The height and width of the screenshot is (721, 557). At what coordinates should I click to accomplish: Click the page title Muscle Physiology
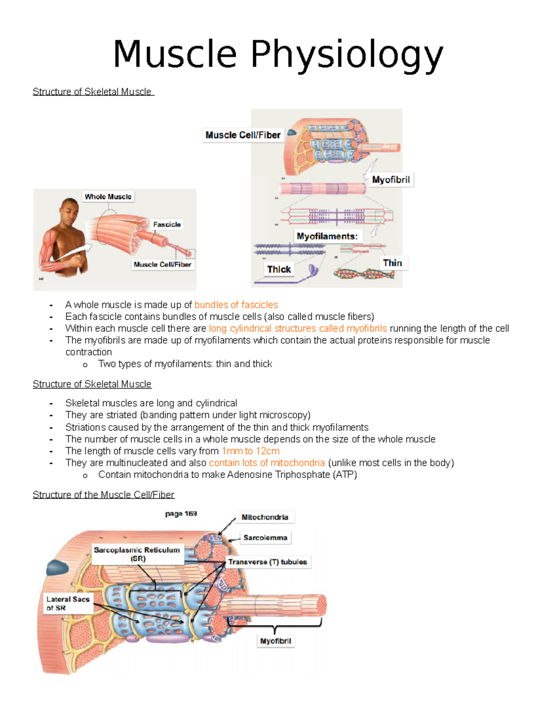(278, 55)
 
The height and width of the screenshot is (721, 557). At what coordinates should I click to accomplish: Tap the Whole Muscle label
(108, 196)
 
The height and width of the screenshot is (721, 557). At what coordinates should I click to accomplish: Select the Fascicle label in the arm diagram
(167, 224)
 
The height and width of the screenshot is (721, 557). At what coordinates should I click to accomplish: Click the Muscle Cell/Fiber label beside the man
(162, 264)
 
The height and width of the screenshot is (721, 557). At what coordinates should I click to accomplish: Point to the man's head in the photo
(70, 211)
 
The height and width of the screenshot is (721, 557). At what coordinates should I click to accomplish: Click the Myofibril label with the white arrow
(391, 180)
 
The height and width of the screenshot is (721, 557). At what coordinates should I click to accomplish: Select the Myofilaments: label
(327, 236)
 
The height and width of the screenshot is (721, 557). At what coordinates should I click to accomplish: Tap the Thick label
(278, 269)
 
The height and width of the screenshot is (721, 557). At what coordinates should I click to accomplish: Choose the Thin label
(392, 263)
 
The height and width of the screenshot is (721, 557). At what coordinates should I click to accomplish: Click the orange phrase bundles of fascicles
(236, 305)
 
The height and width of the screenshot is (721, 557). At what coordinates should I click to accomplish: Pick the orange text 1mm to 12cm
(251, 451)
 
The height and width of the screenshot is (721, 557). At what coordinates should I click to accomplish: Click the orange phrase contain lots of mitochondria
(267, 463)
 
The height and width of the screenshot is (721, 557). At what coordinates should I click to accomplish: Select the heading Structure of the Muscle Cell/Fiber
(104, 494)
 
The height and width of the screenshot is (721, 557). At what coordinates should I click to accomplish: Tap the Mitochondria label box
(265, 517)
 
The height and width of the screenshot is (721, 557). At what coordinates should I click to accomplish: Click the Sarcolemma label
(265, 538)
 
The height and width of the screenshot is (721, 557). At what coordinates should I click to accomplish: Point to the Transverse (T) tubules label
(267, 562)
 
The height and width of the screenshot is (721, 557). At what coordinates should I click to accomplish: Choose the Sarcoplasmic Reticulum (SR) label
(137, 554)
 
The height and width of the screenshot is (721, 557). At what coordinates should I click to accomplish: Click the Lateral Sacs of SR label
(68, 603)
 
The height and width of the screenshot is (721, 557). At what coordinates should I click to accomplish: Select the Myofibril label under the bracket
(275, 641)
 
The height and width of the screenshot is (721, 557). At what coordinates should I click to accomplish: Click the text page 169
(181, 513)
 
